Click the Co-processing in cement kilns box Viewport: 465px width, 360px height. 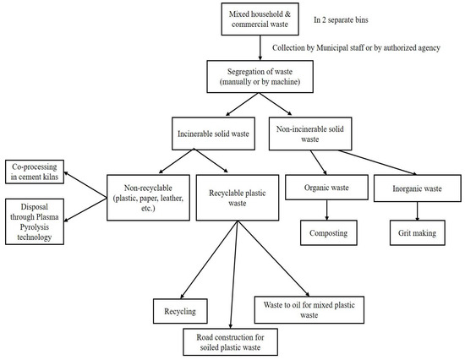pos(37,172)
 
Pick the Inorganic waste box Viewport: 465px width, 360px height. pos(411,188)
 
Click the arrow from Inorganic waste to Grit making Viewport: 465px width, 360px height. pos(411,210)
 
